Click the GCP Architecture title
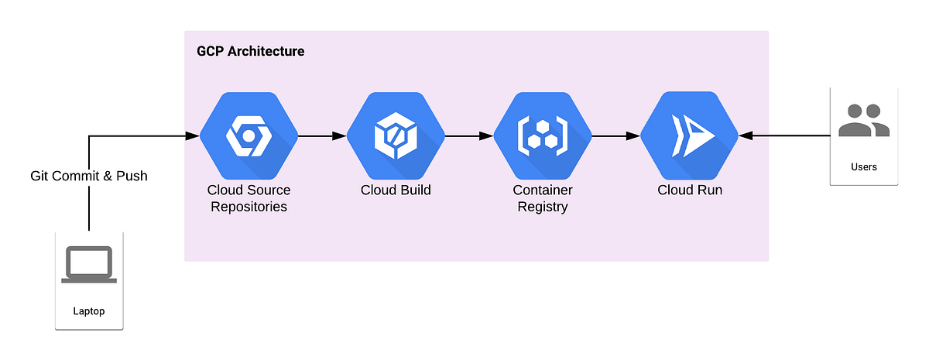(x=250, y=52)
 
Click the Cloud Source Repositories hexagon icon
(x=248, y=136)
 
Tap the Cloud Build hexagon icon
(x=395, y=136)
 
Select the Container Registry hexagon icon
(x=542, y=136)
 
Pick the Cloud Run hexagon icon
(x=689, y=136)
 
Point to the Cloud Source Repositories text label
(x=248, y=198)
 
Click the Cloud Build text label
(x=396, y=190)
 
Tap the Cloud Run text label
(x=689, y=190)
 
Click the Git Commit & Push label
(x=89, y=176)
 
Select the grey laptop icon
(x=90, y=265)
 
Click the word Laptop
(x=89, y=311)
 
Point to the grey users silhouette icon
(x=864, y=121)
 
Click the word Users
(x=864, y=166)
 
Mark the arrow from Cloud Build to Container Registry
(x=469, y=136)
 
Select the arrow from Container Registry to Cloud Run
(x=616, y=136)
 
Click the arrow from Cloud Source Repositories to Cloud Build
(x=322, y=136)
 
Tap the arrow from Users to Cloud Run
(x=783, y=136)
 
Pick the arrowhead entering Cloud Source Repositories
(x=193, y=136)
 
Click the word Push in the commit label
(x=132, y=176)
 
